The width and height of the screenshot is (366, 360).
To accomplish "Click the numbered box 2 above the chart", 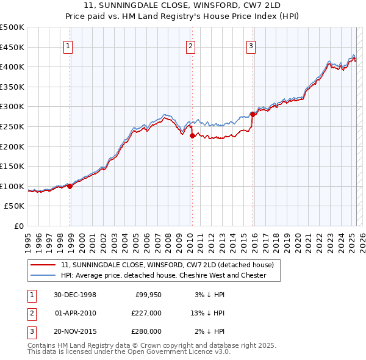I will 191,46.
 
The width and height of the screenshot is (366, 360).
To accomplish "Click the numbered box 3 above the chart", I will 251,46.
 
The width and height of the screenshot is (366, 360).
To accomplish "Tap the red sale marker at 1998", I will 70,186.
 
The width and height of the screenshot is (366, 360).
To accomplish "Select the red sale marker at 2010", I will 192,135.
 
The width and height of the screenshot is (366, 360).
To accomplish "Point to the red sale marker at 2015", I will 253,114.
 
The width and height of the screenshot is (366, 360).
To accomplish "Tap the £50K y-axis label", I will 15,206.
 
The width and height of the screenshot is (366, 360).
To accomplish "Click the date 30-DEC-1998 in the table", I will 75,295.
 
